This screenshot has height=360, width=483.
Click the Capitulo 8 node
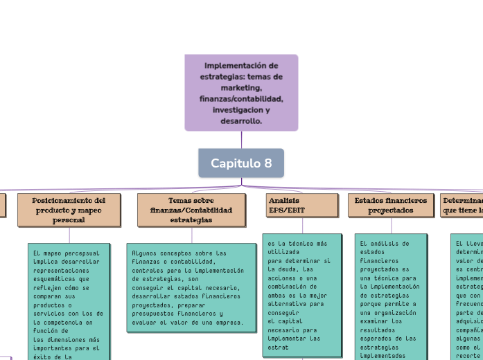coord(241,163)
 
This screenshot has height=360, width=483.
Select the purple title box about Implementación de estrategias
coord(241,93)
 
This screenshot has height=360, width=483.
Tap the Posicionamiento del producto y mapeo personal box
coord(69,210)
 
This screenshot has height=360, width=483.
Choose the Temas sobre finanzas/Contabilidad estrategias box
coord(191,210)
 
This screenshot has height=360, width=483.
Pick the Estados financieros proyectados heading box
coord(392,205)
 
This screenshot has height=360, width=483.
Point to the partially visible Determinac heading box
coord(462,205)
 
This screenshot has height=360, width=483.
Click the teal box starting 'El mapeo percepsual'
coord(69,301)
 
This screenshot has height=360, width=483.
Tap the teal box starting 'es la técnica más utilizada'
coord(302,295)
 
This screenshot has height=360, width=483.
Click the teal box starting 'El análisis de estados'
coord(392,298)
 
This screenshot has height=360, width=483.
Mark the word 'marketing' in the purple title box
coord(241,88)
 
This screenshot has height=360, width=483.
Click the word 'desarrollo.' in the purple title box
coord(241,121)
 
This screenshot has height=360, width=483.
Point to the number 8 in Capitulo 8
coord(267,163)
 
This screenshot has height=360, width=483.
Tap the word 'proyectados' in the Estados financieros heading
coord(392,210)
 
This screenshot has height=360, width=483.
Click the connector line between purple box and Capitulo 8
coord(241,140)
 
